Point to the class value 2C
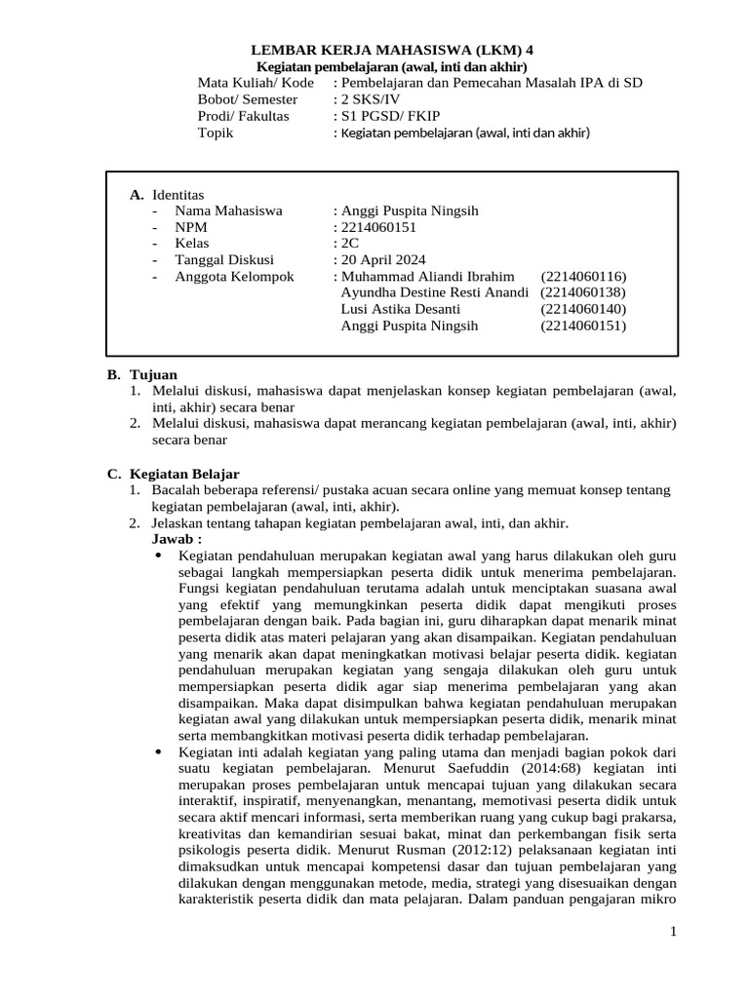[x=349, y=244]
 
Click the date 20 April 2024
[x=383, y=260]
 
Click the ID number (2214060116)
[x=583, y=277]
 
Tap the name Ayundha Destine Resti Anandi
[x=435, y=292]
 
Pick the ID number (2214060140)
[x=583, y=309]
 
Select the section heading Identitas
[x=178, y=195]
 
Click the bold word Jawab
[x=177, y=539]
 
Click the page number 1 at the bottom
[x=673, y=934]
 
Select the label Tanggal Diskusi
[x=224, y=260]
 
